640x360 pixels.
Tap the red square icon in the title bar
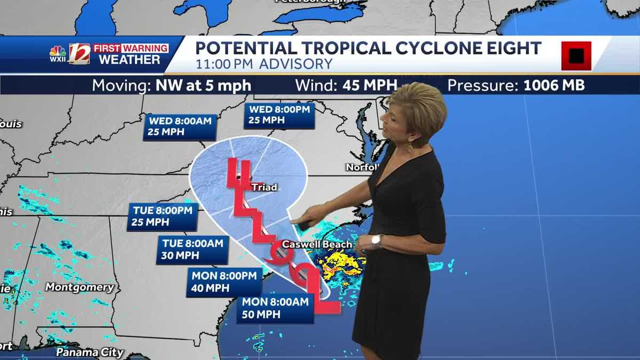pos(576,55)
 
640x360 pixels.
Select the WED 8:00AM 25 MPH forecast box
pos(180,127)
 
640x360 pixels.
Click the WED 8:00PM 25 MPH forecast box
pos(279,115)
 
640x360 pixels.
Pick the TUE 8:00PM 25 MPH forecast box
pos(162,217)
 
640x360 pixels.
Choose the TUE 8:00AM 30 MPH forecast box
pos(193,250)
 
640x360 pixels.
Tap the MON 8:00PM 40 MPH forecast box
pos(224,283)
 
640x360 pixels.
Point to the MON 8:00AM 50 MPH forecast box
pos(275,308)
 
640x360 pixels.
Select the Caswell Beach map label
pos(317,245)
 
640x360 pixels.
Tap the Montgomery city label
pos(79,287)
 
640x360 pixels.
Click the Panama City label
pos(90,353)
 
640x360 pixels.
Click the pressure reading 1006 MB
pos(554,85)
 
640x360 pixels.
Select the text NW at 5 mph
pos(203,85)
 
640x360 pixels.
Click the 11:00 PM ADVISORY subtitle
pos(263,65)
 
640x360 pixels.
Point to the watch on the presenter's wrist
pos(376,241)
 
